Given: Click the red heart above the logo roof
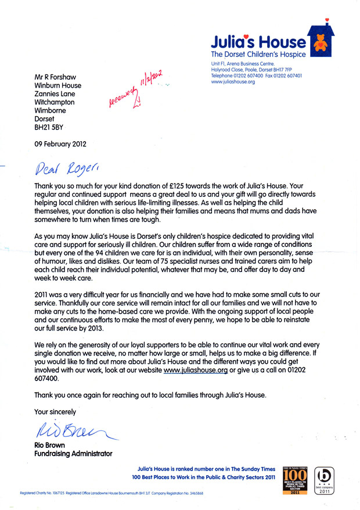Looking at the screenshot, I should coord(327,20).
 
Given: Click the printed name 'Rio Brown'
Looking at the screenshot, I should coord(51,445).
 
